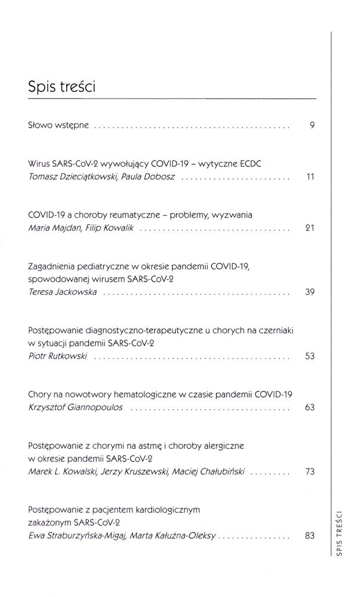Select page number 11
(310, 178)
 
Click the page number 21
(310, 228)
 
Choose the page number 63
(310, 408)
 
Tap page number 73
(310, 472)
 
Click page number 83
(310, 536)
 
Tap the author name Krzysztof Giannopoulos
(76, 408)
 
